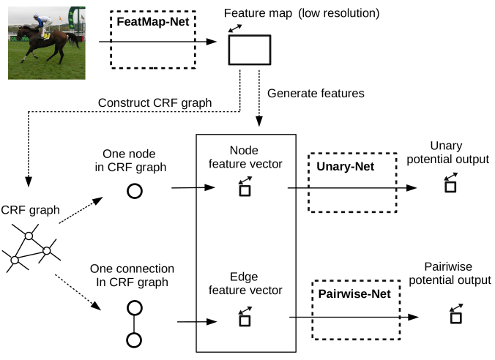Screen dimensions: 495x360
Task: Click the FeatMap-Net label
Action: pyautogui.click(x=153, y=22)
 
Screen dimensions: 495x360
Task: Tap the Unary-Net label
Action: pyautogui.click(x=346, y=167)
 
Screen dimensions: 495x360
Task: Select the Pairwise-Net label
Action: pyautogui.click(x=354, y=293)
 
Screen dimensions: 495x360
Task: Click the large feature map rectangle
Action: pyautogui.click(x=250, y=50)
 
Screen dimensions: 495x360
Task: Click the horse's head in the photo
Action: pyautogui.click(x=21, y=32)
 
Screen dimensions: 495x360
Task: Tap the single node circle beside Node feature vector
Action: pyautogui.click(x=135, y=191)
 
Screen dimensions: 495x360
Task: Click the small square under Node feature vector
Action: pyautogui.click(x=245, y=191)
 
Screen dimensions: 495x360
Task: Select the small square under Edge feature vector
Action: pyautogui.click(x=245, y=320)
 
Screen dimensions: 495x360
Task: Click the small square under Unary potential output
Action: pyautogui.click(x=450, y=187)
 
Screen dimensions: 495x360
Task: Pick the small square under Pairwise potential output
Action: pyautogui.click(x=456, y=318)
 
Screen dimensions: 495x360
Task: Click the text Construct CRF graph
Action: pyautogui.click(x=155, y=103)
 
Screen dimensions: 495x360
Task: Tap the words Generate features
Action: pyautogui.click(x=316, y=94)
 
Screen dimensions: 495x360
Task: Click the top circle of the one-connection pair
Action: pyautogui.click(x=135, y=308)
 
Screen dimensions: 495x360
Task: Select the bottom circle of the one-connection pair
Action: pyautogui.click(x=134, y=340)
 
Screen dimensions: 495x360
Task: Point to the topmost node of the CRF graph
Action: pyautogui.click(x=29, y=236)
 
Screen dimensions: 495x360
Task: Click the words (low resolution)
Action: pyautogui.click(x=339, y=13)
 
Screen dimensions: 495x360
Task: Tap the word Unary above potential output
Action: pyautogui.click(x=446, y=146)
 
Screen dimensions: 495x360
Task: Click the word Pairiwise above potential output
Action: pyautogui.click(x=448, y=267)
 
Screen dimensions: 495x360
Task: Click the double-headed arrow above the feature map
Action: pyautogui.click(x=235, y=29)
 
